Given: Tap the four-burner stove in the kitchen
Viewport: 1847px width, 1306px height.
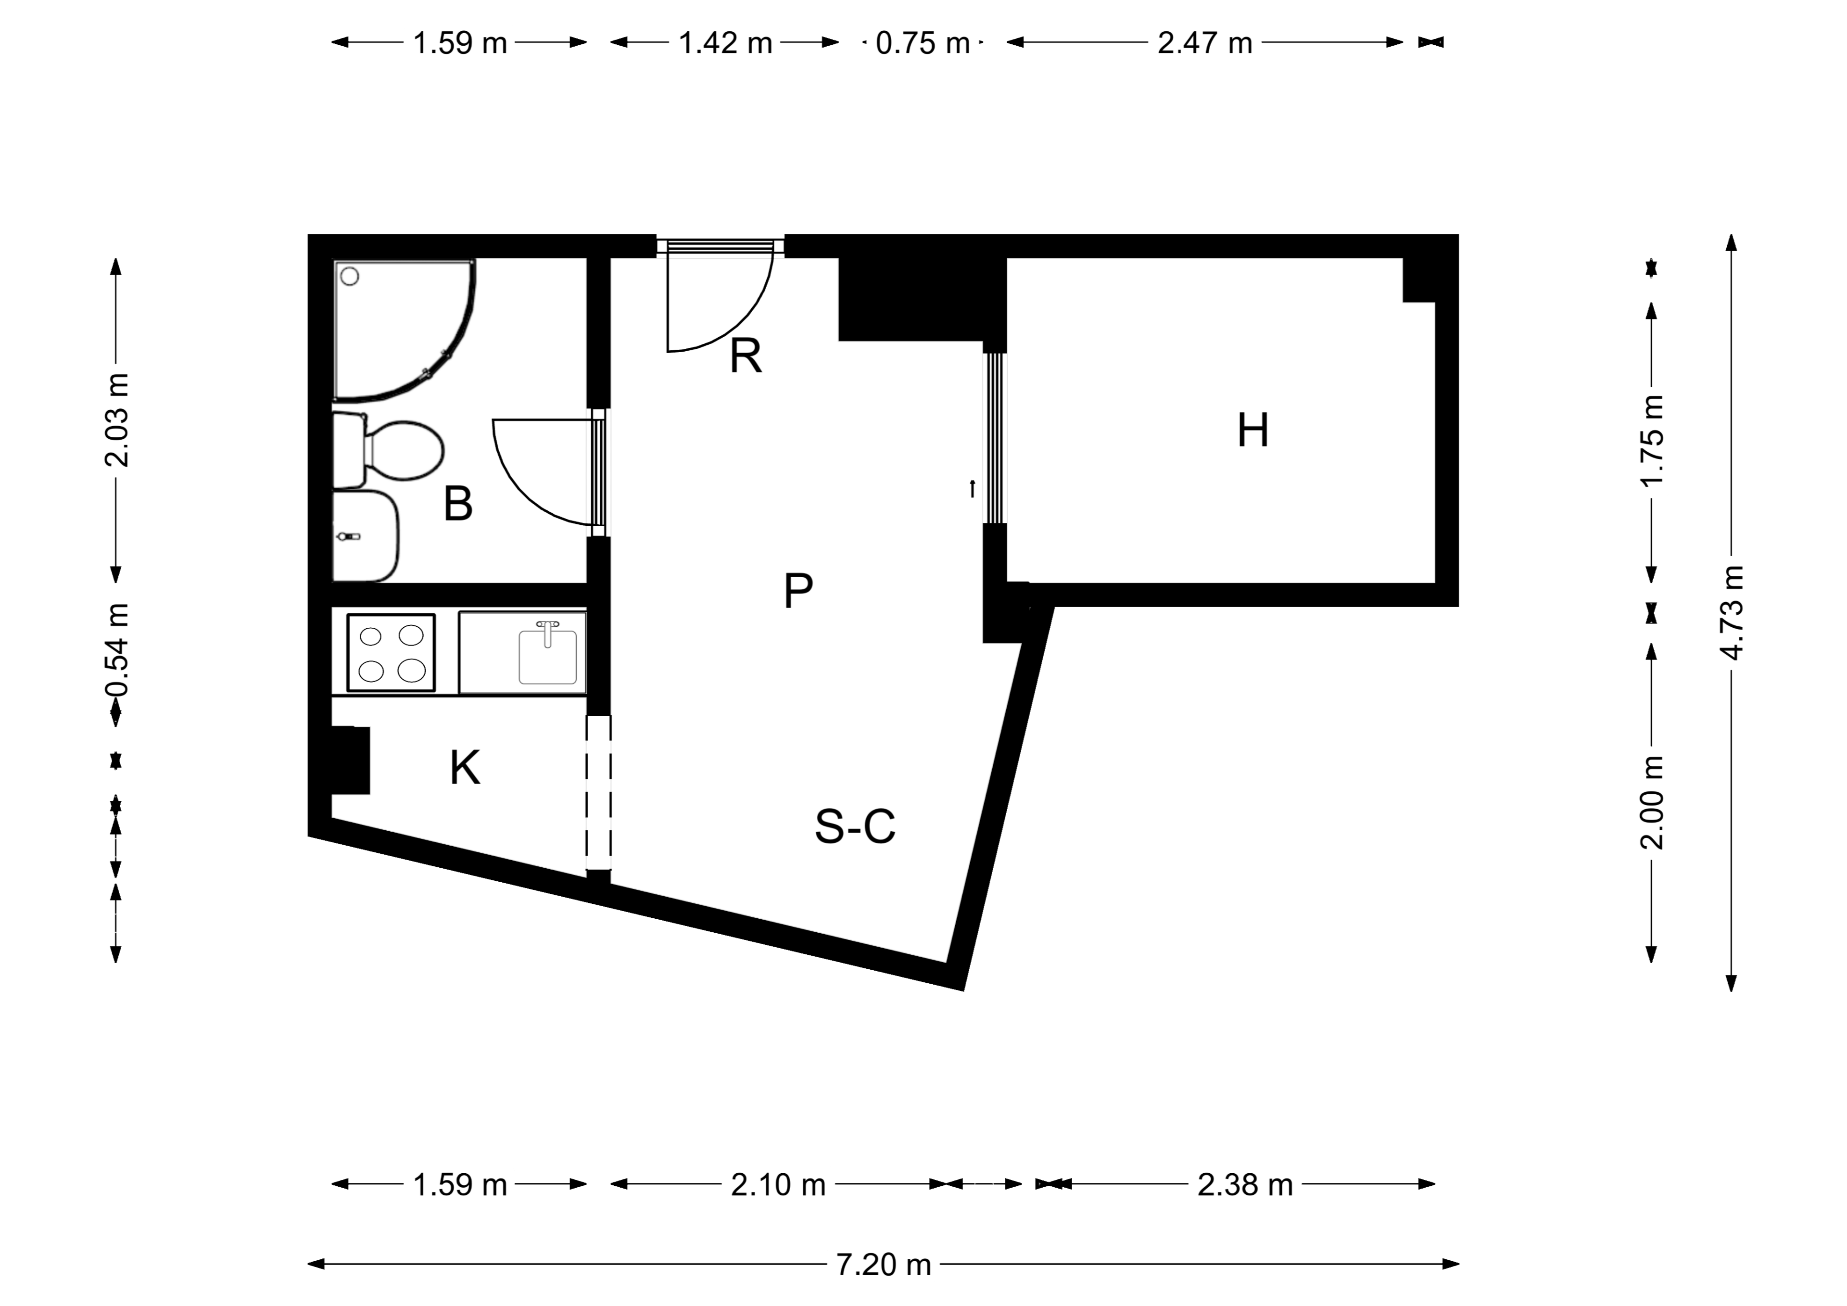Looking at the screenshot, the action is [x=391, y=653].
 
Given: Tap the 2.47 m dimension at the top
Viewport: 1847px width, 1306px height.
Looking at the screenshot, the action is [x=1205, y=43].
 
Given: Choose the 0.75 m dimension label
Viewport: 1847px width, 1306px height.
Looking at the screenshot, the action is [x=923, y=43].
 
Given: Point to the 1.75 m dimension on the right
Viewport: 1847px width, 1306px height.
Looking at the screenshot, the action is [x=1652, y=442].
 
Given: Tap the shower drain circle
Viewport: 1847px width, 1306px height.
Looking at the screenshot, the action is [x=350, y=277].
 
